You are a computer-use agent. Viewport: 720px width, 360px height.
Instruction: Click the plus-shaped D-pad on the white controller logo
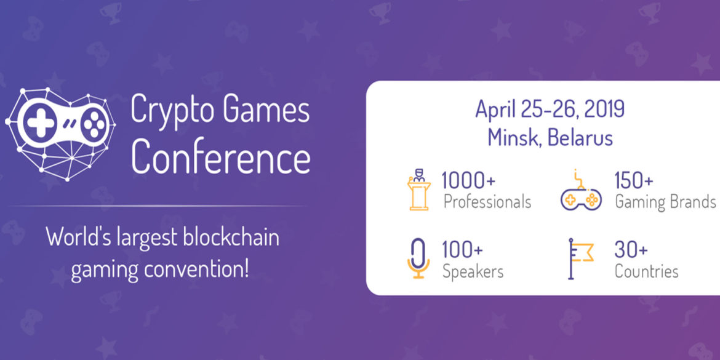pyautogui.click(x=39, y=122)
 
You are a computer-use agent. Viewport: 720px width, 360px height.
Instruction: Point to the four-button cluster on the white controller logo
pyautogui.click(x=94, y=122)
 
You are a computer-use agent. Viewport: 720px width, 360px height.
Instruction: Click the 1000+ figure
pyautogui.click(x=468, y=180)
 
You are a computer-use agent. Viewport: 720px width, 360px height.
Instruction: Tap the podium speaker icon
pyautogui.click(x=419, y=189)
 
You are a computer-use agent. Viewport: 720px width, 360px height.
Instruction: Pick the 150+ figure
pyautogui.click(x=634, y=180)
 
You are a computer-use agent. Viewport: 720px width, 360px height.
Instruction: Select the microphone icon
pyautogui.click(x=418, y=258)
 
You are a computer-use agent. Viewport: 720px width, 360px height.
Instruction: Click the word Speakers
pyautogui.click(x=473, y=271)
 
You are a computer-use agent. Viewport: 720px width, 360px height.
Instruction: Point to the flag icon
pyautogui.click(x=580, y=258)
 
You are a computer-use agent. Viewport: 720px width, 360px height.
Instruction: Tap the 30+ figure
pyautogui.click(x=631, y=250)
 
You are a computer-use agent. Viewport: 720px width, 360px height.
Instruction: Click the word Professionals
pyautogui.click(x=487, y=202)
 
